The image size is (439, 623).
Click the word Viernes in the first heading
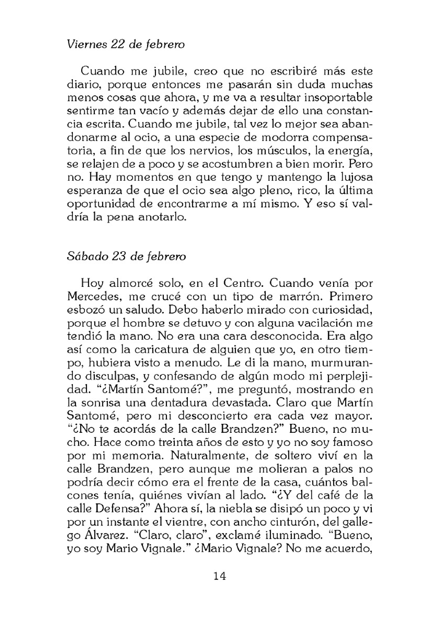click(86, 44)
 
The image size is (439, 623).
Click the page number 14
click(219, 576)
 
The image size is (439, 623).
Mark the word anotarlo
click(160, 217)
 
